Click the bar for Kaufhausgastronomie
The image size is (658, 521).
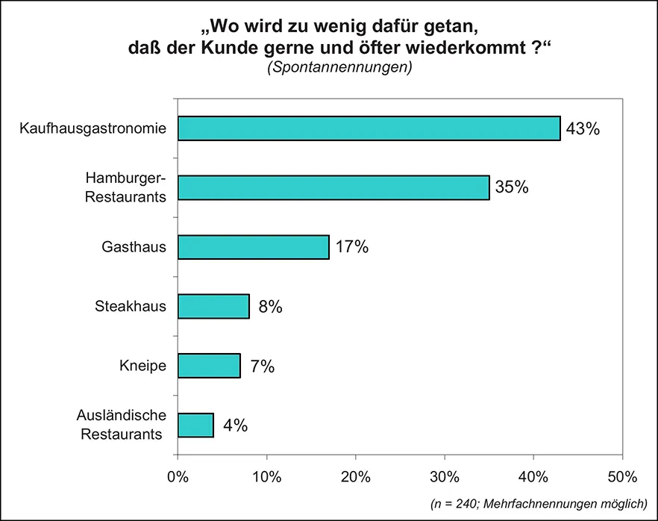369,128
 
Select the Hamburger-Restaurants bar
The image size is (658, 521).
333,187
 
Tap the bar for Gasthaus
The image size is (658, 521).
253,247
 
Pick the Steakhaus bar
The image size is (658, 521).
213,306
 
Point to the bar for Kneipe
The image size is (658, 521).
209,366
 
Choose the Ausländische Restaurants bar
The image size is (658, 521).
195,425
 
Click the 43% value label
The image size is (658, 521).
583,128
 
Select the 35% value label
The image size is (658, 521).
512,187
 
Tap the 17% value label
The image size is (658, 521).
352,247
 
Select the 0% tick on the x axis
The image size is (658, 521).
178,476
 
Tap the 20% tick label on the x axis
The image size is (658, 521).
355,476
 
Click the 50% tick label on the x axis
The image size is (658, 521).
622,476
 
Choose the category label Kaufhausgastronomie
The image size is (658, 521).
93,128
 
